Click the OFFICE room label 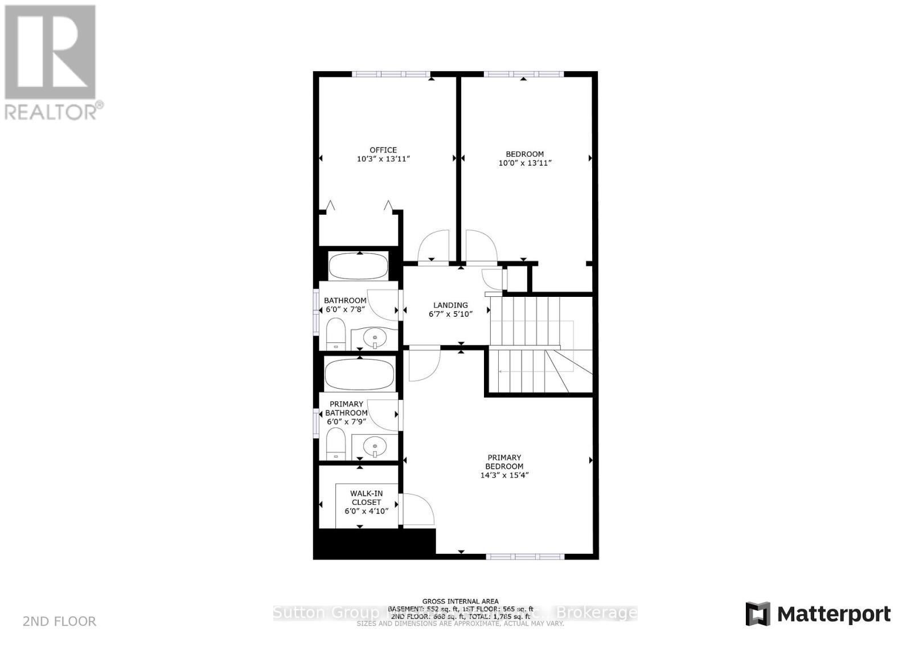pyautogui.click(x=383, y=150)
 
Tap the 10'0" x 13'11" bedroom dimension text pyautogui.click(x=524, y=163)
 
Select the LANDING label pyautogui.click(x=450, y=305)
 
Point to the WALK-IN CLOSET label pyautogui.click(x=366, y=498)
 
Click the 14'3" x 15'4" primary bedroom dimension pyautogui.click(x=504, y=475)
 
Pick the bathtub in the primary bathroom pyautogui.click(x=359, y=374)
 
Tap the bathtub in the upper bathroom pyautogui.click(x=359, y=266)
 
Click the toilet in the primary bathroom pyautogui.click(x=336, y=444)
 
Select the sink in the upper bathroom pyautogui.click(x=375, y=338)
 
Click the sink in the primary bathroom pyautogui.click(x=375, y=445)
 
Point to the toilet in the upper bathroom pyautogui.click(x=336, y=334)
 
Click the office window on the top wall pyautogui.click(x=390, y=74)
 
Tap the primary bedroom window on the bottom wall pyautogui.click(x=524, y=556)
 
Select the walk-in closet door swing pyautogui.click(x=418, y=509)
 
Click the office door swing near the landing pyautogui.click(x=434, y=246)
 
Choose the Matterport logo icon pyautogui.click(x=758, y=614)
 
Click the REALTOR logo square pyautogui.click(x=50, y=52)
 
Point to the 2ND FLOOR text pyautogui.click(x=59, y=622)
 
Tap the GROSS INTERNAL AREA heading pyautogui.click(x=460, y=601)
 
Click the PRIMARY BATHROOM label pyautogui.click(x=346, y=409)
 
